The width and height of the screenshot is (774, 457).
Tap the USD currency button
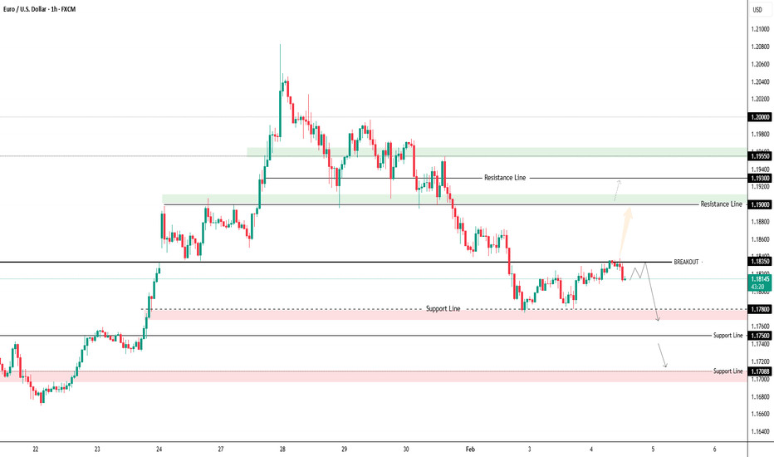click(x=757, y=10)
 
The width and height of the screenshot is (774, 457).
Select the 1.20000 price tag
click(x=761, y=117)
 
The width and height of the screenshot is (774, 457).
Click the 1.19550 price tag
click(x=761, y=156)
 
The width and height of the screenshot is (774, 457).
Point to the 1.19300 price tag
click(x=761, y=179)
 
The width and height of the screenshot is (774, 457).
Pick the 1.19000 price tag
click(x=761, y=204)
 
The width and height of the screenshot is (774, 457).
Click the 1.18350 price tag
click(x=761, y=262)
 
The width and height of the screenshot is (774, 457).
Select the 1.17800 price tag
click(x=761, y=309)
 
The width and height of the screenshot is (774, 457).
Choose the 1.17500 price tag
click(x=761, y=336)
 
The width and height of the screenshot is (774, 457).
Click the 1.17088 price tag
click(x=761, y=371)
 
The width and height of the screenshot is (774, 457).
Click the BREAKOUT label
click(x=686, y=262)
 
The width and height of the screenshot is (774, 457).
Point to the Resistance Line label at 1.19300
click(x=505, y=178)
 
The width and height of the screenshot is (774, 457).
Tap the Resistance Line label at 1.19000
click(x=721, y=204)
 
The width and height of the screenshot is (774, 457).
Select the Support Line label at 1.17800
click(x=443, y=309)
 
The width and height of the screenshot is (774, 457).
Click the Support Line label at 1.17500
click(x=727, y=336)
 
